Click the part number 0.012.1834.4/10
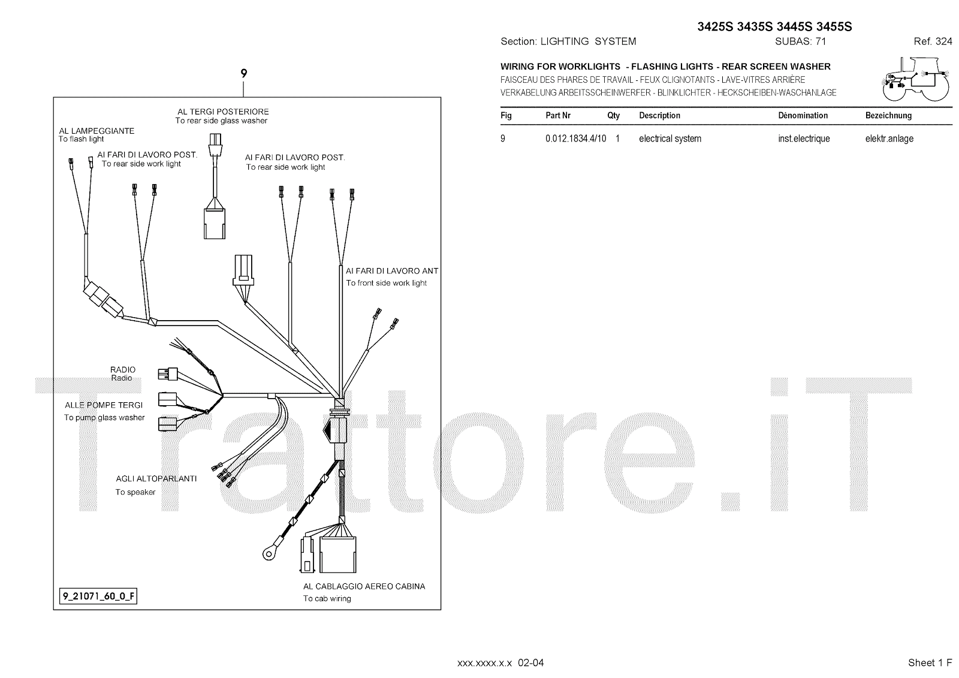click(575, 139)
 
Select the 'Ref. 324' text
click(933, 42)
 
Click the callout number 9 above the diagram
click(243, 74)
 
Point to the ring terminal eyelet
click(267, 552)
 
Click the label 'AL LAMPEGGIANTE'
click(96, 131)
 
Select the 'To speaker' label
click(135, 492)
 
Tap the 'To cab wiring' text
click(327, 598)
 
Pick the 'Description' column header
click(659, 116)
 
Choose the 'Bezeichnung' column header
click(888, 116)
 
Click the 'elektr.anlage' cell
click(889, 139)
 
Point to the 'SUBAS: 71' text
click(801, 42)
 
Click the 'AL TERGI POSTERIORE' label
click(223, 112)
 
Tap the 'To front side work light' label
click(387, 283)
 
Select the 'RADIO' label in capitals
click(123, 370)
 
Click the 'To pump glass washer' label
click(104, 418)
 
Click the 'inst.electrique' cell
click(804, 139)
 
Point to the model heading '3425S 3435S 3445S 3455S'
click(774, 27)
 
